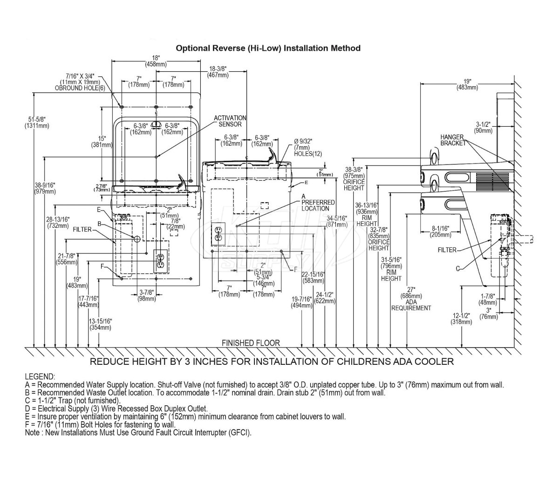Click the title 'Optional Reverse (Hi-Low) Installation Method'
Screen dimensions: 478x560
(267, 48)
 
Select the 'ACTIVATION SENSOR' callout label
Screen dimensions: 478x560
(230, 121)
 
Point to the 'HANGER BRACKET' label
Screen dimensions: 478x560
(453, 140)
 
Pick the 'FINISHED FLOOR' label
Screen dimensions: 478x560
(251, 343)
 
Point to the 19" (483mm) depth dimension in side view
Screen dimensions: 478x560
(467, 84)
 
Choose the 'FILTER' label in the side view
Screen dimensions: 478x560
(447, 250)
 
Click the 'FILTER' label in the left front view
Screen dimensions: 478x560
(82, 229)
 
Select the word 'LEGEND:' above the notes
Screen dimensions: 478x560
(40, 376)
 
